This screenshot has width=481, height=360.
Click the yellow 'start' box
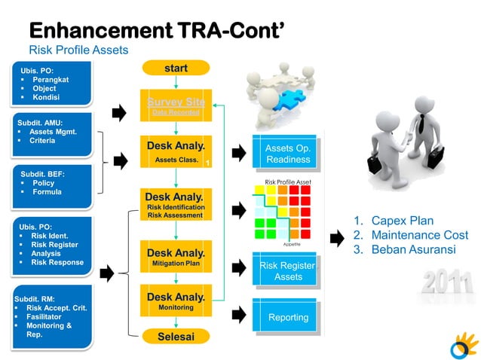click(176, 69)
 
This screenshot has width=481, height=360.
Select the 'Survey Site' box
click(176, 106)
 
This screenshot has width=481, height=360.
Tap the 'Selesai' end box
click(176, 336)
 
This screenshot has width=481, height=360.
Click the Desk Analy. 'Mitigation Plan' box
click(176, 257)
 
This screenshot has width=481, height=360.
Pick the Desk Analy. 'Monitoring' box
click(176, 301)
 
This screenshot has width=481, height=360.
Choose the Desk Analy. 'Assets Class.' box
click(176, 151)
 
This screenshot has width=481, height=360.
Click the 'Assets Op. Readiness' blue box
click(287, 154)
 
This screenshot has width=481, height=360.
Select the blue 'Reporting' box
click(287, 317)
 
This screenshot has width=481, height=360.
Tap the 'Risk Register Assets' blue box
click(287, 270)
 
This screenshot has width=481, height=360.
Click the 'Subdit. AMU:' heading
click(41, 122)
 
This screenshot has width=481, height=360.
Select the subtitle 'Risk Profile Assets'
click(78, 50)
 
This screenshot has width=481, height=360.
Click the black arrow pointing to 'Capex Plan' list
click(337, 239)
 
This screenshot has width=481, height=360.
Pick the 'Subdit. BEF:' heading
click(42, 173)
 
